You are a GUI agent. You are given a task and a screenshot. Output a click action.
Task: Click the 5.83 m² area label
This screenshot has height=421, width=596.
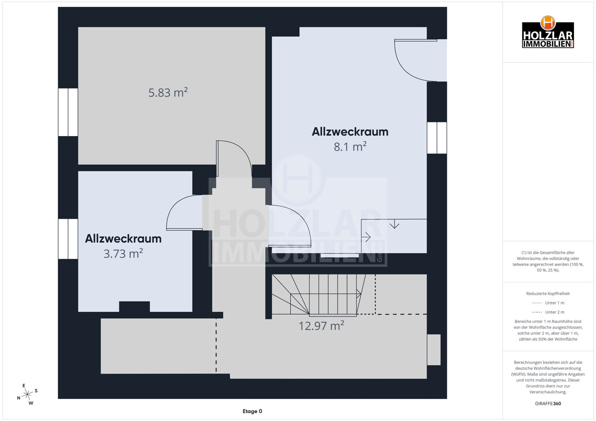pyautogui.click(x=168, y=92)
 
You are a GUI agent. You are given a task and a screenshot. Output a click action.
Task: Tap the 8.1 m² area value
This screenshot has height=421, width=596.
pyautogui.click(x=350, y=147)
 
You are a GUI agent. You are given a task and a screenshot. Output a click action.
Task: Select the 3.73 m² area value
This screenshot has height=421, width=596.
pyautogui.click(x=123, y=253)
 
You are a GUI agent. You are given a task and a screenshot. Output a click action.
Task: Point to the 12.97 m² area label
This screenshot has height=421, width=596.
pyautogui.click(x=321, y=326)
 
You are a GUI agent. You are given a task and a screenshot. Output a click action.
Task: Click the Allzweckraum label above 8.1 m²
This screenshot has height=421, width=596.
pyautogui.click(x=350, y=132)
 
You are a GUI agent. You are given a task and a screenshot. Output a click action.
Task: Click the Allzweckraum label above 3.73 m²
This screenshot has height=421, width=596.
pyautogui.click(x=123, y=239)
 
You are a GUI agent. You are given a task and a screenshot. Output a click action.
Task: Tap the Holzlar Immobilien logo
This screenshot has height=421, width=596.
pyautogui.click(x=548, y=33)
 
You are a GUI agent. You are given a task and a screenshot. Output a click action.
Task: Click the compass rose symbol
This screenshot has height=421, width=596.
pyautogui.click(x=27, y=394)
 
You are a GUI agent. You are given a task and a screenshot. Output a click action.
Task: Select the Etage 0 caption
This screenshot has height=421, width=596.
pyautogui.click(x=252, y=411)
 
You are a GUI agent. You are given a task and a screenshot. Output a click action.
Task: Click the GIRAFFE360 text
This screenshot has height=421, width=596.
pyautogui.click(x=548, y=404)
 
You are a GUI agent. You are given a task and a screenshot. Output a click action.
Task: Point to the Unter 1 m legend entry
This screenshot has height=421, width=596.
pyautogui.click(x=548, y=303)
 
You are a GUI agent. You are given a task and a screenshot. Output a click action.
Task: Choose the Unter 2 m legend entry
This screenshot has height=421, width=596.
pyautogui.click(x=548, y=312)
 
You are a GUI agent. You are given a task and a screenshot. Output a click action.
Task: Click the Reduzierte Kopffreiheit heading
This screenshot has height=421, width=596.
pyautogui.click(x=548, y=293)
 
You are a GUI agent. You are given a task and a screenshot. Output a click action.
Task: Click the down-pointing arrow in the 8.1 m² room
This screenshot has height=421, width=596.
pyautogui.click(x=394, y=224)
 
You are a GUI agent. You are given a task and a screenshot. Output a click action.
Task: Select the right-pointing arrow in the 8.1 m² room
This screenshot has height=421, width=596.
pyautogui.click(x=366, y=237)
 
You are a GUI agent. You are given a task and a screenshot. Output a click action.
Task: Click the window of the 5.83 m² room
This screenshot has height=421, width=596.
pyautogui.click(x=68, y=112)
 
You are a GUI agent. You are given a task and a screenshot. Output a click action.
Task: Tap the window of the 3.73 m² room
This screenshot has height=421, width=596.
pyautogui.click(x=68, y=239)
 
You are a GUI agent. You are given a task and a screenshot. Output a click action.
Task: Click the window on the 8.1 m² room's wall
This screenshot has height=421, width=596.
pyautogui.click(x=437, y=138)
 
